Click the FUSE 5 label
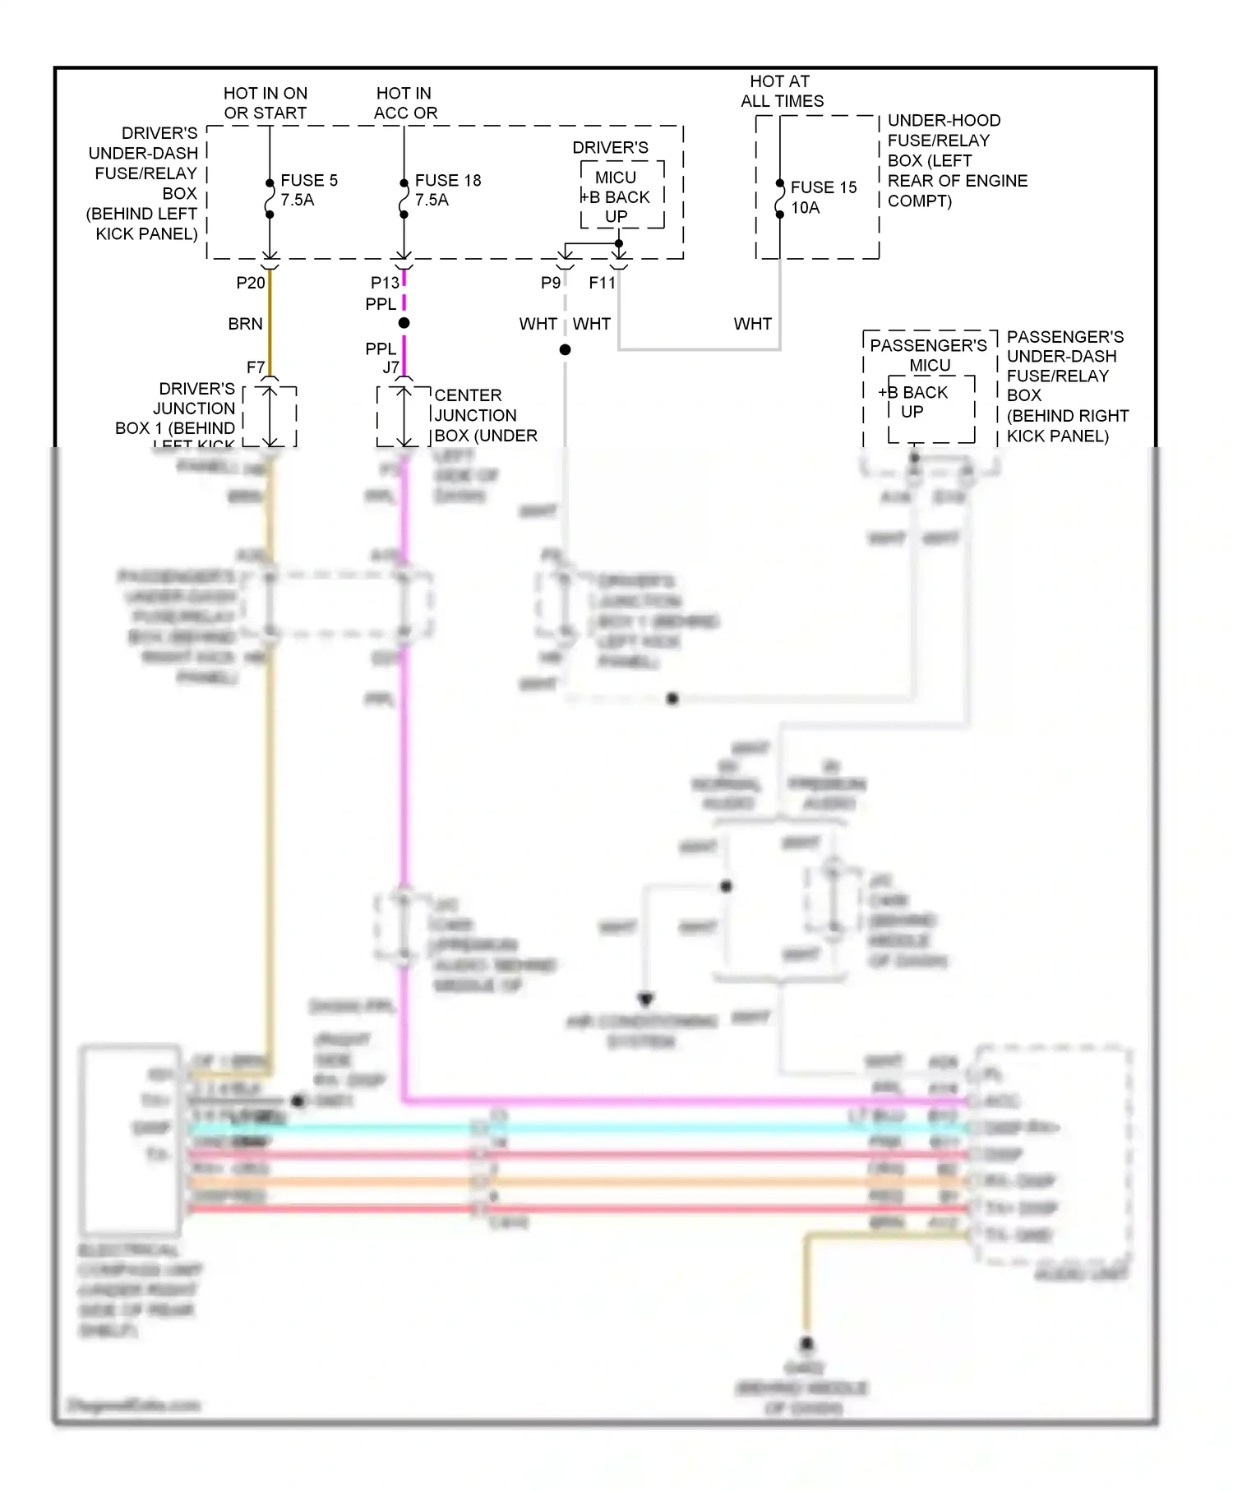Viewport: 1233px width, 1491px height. point(308,181)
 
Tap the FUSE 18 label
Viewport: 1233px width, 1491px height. point(447,181)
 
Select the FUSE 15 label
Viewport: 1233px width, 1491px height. point(823,188)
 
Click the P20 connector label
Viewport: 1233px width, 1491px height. point(251,284)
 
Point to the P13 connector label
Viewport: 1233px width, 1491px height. point(385,284)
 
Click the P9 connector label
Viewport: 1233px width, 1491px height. point(551,284)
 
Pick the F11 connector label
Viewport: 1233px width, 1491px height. point(602,284)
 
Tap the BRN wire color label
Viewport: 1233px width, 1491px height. point(245,325)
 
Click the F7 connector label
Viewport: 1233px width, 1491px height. point(256,368)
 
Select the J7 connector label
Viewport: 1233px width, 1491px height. point(390,368)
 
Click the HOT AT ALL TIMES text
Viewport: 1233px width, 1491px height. point(781,92)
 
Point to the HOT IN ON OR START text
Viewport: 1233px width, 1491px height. point(265,104)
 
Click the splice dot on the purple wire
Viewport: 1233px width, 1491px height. point(404,324)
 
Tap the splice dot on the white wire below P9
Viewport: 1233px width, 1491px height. point(565,350)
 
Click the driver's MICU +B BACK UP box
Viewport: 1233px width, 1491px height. point(621,197)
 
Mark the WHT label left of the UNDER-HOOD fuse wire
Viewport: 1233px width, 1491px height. point(752,325)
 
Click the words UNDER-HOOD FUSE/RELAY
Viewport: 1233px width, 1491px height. point(943,131)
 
